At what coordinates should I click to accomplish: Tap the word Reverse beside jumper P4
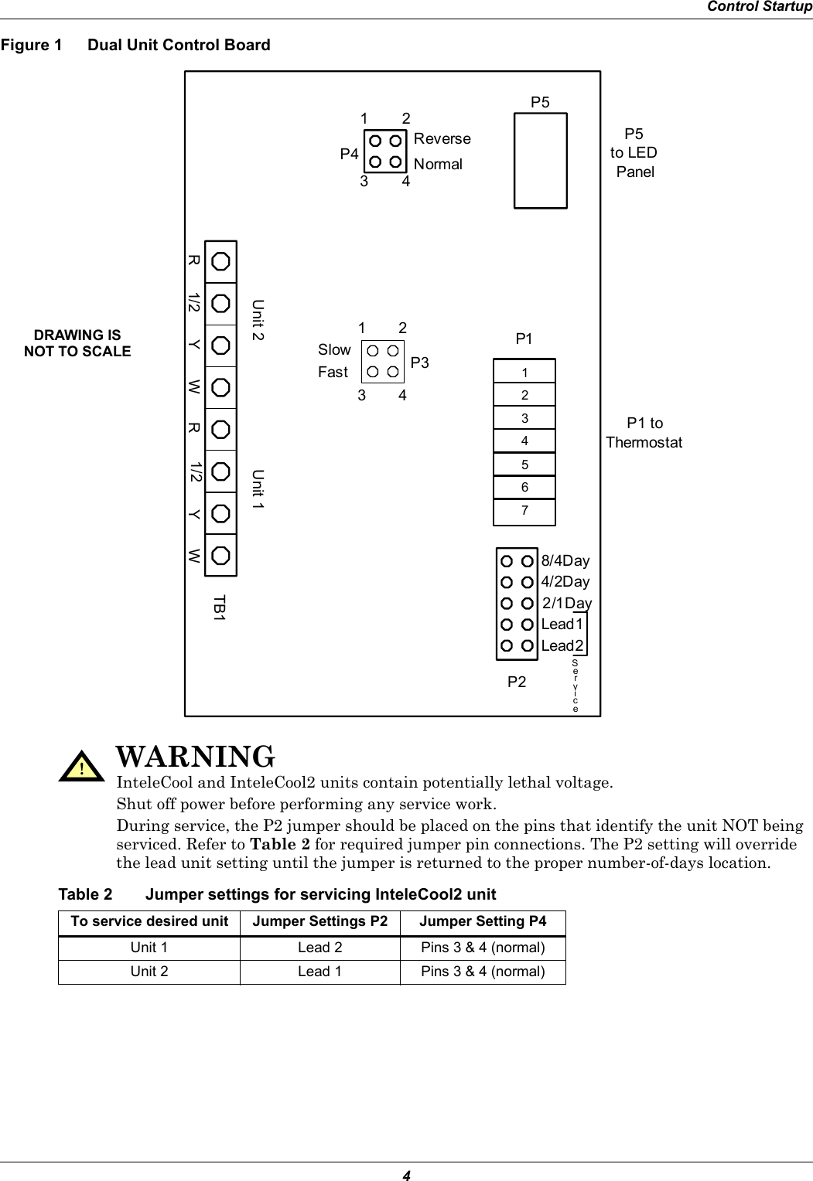pyautogui.click(x=442, y=139)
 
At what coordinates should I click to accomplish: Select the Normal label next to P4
pyautogui.click(x=438, y=165)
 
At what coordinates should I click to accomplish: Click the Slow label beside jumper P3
pyautogui.click(x=334, y=350)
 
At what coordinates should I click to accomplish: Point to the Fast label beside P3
pyautogui.click(x=333, y=373)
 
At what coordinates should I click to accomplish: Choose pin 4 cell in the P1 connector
pyautogui.click(x=524, y=442)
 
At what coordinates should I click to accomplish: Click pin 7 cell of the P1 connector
pyautogui.click(x=524, y=511)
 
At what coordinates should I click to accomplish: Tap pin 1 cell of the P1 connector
pyautogui.click(x=524, y=373)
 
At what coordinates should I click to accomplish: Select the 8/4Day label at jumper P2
pyautogui.click(x=565, y=560)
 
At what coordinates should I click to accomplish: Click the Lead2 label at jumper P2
pyautogui.click(x=563, y=645)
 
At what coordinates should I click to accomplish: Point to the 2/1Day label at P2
pyautogui.click(x=567, y=603)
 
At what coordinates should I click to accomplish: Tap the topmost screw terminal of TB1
pyautogui.click(x=220, y=261)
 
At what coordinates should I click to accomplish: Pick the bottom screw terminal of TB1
pyautogui.click(x=220, y=556)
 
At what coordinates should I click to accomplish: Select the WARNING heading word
pyautogui.click(x=194, y=755)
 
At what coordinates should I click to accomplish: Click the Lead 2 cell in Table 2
pyautogui.click(x=320, y=948)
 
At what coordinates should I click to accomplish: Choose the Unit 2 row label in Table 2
pyautogui.click(x=149, y=972)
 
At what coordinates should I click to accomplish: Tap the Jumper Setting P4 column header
pyautogui.click(x=483, y=921)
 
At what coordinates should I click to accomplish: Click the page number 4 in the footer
pyautogui.click(x=405, y=1175)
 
